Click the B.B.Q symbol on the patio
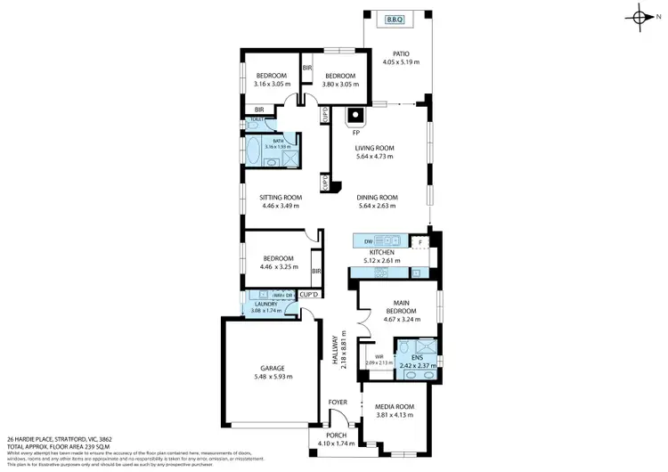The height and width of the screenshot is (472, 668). coord(395,19)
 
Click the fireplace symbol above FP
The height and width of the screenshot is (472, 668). coord(355,115)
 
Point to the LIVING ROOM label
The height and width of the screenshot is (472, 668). coord(375,149)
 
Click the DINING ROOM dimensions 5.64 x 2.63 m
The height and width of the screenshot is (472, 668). coord(377,206)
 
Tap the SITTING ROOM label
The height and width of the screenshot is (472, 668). coord(281,198)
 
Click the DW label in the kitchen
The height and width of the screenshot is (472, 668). coord(367,240)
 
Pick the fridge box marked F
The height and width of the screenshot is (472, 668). coord(420,241)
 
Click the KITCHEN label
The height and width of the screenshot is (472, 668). coord(383,253)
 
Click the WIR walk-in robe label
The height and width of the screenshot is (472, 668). coord(368,356)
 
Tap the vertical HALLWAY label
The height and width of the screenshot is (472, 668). coord(336,350)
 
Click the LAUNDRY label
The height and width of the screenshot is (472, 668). coord(265,304)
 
